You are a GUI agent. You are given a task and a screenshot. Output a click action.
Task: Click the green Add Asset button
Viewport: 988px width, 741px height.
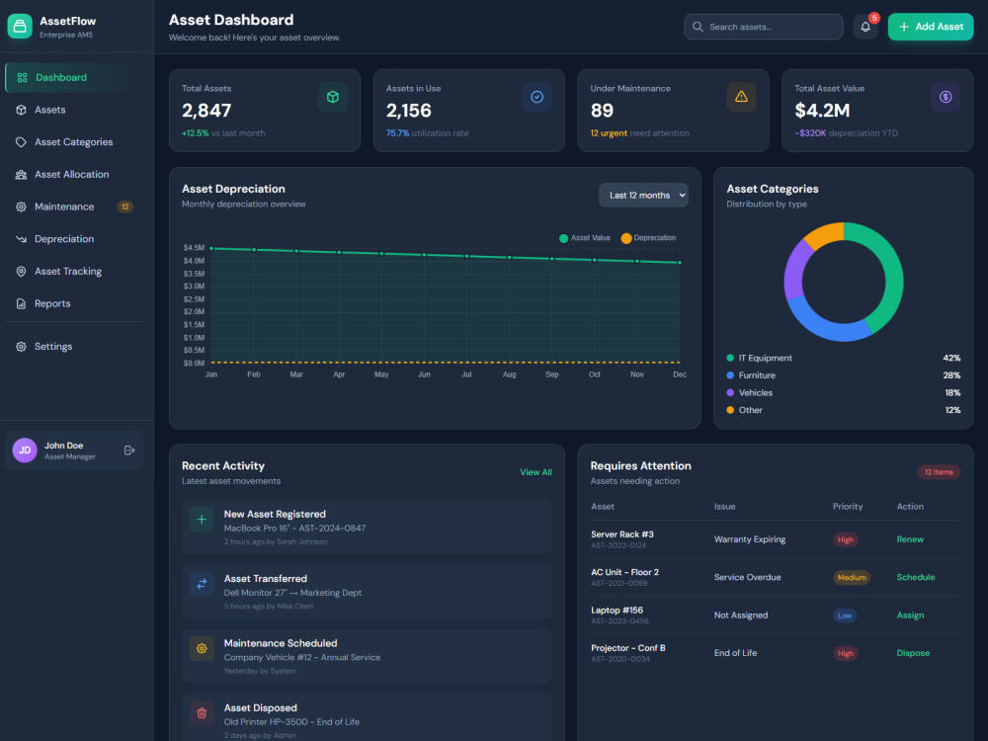(930, 27)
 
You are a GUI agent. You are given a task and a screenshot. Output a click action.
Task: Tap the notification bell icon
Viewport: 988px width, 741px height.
(865, 27)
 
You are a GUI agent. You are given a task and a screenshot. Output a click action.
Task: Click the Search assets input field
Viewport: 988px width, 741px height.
(763, 27)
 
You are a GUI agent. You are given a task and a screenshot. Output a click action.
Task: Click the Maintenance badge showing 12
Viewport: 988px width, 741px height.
(124, 206)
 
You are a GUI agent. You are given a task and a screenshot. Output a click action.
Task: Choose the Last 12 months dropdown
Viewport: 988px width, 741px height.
(643, 196)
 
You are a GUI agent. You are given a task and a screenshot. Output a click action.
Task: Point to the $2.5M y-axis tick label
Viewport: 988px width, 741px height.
(194, 299)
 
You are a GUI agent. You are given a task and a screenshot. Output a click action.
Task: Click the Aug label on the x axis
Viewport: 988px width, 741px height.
(509, 374)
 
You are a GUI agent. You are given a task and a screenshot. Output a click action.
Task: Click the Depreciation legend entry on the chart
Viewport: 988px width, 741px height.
(648, 237)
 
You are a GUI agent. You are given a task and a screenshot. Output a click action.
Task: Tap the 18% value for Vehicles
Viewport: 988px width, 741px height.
(952, 392)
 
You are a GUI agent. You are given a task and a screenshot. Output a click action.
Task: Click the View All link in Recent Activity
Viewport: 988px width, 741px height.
(535, 472)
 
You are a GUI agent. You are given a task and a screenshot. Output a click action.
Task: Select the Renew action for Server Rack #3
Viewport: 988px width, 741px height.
(910, 539)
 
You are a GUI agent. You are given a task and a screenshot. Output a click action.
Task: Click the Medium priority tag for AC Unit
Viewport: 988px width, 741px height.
(852, 577)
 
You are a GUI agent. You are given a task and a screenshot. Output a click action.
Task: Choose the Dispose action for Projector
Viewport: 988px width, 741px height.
(913, 653)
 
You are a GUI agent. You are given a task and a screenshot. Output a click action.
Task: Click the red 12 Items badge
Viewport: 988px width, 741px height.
(939, 472)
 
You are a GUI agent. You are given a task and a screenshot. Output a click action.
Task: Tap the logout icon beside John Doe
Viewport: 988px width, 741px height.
(129, 450)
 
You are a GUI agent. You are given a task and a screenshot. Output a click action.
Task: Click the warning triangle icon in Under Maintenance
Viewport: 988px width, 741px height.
(741, 97)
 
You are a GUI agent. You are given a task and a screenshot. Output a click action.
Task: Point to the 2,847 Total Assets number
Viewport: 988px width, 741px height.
(206, 111)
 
